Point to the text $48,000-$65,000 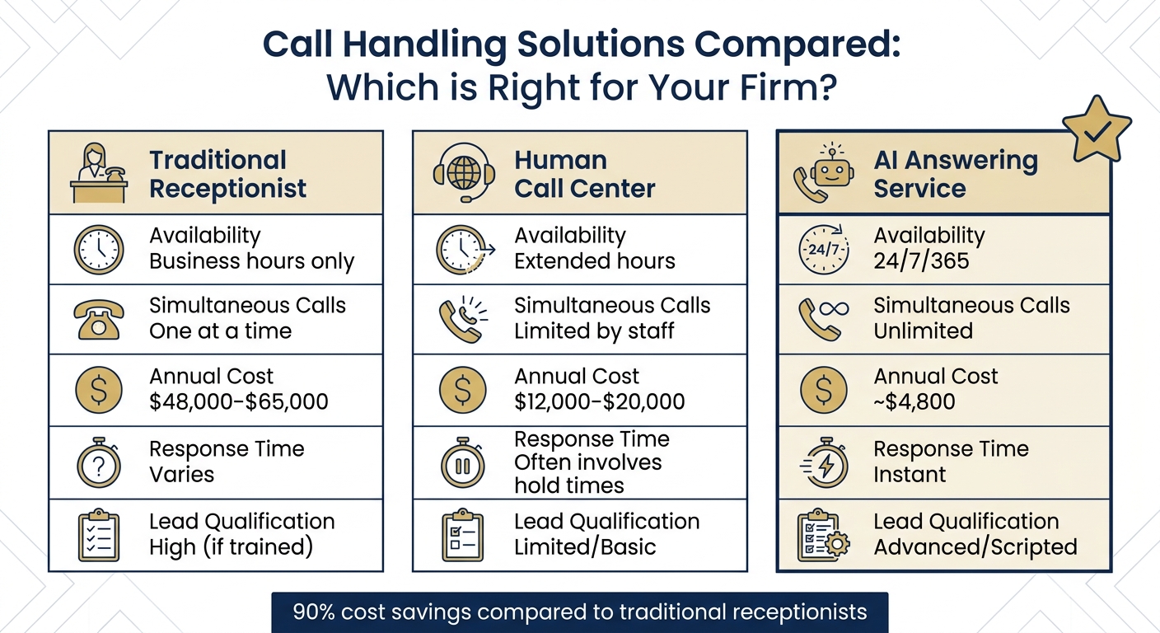tap(239, 402)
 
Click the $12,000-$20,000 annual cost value tap(600, 402)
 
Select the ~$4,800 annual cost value tap(914, 402)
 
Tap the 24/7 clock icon tap(823, 249)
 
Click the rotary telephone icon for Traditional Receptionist tap(99, 319)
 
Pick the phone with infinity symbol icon tap(823, 319)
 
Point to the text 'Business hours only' tap(251, 262)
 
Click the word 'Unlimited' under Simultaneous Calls tap(923, 331)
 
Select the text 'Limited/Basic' tap(585, 547)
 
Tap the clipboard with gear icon tap(823, 536)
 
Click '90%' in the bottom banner tap(313, 612)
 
